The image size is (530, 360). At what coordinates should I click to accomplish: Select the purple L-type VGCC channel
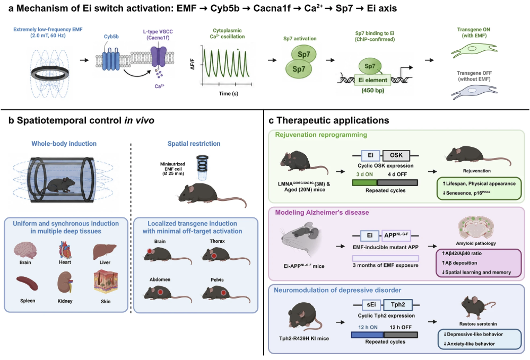[x=159, y=56]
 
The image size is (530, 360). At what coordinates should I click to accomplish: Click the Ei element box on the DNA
[x=372, y=80]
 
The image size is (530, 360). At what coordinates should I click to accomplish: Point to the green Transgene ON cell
[x=474, y=49]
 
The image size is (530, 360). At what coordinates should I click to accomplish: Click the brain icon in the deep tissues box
[x=25, y=250]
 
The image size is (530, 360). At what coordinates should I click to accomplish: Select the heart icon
[x=65, y=250]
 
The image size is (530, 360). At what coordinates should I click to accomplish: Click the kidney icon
[x=65, y=283]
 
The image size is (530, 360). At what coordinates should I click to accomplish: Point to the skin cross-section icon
[x=106, y=282]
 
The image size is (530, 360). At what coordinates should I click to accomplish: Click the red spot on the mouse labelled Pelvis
[x=223, y=293]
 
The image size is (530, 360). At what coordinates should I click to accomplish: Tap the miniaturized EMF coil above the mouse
[x=202, y=168]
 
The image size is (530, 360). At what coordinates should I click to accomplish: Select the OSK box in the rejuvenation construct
[x=396, y=155]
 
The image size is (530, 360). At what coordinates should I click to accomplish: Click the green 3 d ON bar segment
[x=364, y=183]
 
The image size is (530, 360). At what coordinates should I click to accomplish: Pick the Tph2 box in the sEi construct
[x=398, y=305]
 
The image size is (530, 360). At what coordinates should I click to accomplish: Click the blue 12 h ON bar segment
[x=368, y=335]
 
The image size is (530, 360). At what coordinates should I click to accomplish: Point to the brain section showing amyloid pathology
[x=475, y=226]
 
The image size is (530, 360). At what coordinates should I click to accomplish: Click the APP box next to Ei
[x=396, y=235]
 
